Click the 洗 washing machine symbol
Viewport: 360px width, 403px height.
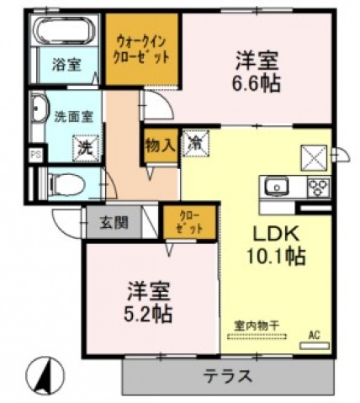(x=84, y=146)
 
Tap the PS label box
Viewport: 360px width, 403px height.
(x=34, y=156)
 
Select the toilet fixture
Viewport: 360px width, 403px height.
(x=64, y=183)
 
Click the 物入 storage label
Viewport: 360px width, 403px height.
(x=161, y=145)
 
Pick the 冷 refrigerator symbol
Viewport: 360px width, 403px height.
(x=193, y=141)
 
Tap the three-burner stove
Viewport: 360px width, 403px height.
(x=317, y=187)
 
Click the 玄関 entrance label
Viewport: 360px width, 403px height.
(x=114, y=223)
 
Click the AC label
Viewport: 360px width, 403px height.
(x=314, y=335)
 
